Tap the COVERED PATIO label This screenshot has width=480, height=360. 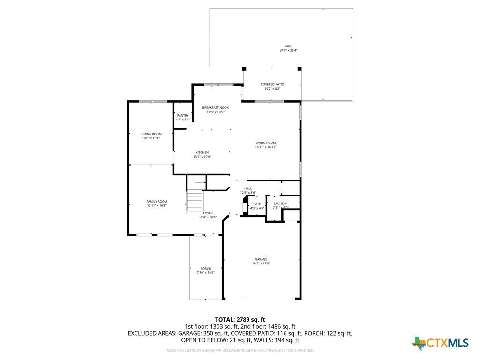click(x=272, y=84)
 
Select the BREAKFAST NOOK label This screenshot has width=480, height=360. click(x=216, y=107)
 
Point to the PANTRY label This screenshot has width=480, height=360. click(x=183, y=115)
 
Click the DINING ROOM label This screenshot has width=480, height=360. click(x=151, y=134)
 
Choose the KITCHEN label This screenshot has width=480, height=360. click(x=202, y=152)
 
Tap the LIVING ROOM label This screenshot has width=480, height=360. click(x=265, y=142)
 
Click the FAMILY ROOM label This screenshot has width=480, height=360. click(x=157, y=201)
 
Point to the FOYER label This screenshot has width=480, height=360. click(x=208, y=213)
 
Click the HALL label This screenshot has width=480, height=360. click(x=248, y=188)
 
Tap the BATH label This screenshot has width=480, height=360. click(x=257, y=204)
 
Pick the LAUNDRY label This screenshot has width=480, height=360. click(x=281, y=203)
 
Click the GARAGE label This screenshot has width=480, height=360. click(x=261, y=259)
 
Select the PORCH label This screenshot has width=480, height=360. click(x=205, y=269)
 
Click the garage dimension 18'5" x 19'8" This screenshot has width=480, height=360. click(x=261, y=263)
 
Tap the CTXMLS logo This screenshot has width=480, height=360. click(x=440, y=343)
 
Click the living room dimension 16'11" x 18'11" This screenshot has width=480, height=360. click(x=265, y=147)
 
